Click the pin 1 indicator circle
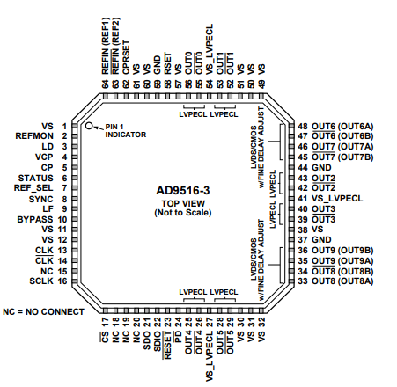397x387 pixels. point(89,126)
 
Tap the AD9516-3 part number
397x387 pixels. point(183,191)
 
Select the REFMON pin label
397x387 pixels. point(34,136)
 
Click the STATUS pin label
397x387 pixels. point(36,179)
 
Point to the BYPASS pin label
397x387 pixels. point(35,220)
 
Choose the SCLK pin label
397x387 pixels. point(41,281)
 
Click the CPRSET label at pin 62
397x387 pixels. point(126,57)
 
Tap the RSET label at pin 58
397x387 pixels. point(167,63)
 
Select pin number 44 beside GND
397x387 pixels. point(303,168)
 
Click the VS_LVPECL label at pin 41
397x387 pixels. point(337,199)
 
